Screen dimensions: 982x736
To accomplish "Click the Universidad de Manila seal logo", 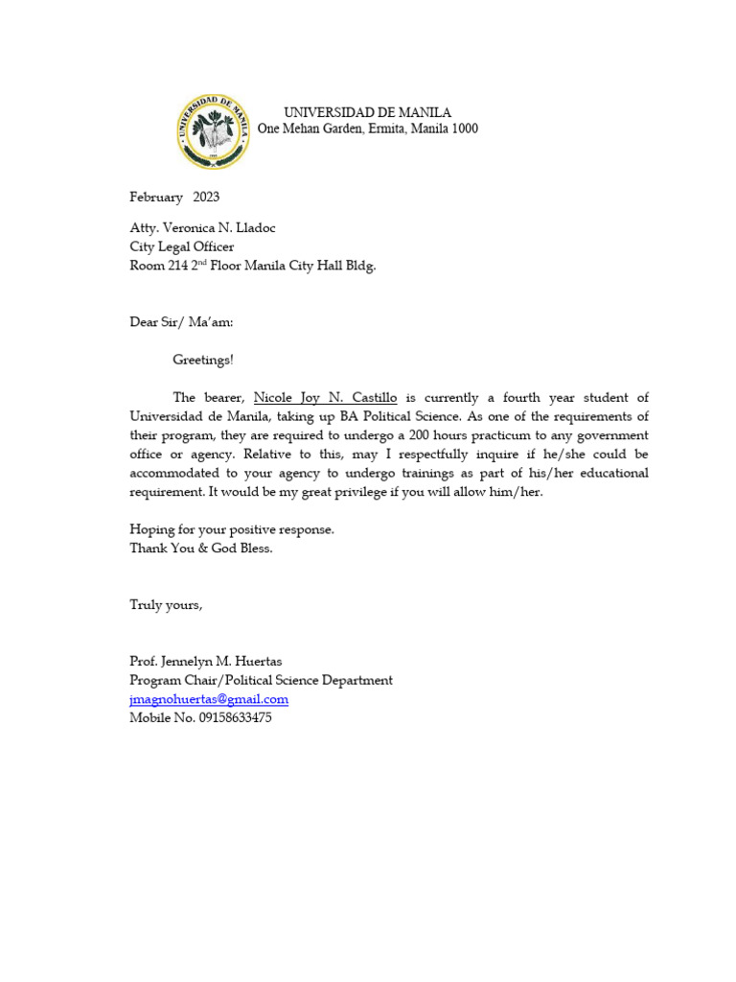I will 212,132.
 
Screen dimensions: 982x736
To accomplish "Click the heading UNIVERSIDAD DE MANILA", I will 367,113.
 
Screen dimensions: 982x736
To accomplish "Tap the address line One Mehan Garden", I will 368,129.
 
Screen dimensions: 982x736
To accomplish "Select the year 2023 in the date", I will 206,198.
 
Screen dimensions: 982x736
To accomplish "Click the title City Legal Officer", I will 181,247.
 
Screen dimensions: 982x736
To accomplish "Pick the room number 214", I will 178,267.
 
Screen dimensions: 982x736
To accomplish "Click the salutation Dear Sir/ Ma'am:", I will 181,322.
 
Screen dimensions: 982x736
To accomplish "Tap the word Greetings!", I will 202,361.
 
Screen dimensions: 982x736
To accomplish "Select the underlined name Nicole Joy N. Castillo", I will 325,398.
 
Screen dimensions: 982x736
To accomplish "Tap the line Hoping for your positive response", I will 232,529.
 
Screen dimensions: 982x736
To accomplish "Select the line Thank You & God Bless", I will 201,548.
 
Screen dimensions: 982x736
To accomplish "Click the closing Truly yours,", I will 166,605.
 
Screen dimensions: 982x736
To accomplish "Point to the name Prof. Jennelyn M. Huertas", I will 206,662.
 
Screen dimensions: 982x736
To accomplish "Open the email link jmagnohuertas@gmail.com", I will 209,699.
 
